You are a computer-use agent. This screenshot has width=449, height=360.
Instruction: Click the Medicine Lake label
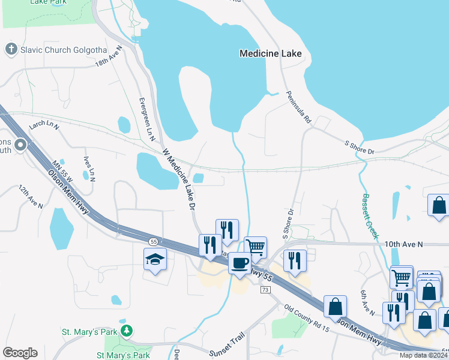(270, 53)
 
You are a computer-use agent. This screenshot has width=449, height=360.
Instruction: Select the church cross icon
(11, 49)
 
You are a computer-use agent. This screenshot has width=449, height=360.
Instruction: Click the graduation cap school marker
(155, 259)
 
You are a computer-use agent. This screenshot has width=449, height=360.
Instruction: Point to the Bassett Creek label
(369, 216)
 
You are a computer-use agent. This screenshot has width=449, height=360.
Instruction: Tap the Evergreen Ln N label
(147, 119)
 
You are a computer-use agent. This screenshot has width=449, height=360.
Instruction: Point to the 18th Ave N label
(108, 56)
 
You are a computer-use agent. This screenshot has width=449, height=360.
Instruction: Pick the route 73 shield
(264, 290)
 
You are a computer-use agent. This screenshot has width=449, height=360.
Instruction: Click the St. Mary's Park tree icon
(126, 331)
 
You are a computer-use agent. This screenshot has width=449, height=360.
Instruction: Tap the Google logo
(20, 353)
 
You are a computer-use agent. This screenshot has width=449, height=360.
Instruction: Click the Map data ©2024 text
(423, 355)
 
